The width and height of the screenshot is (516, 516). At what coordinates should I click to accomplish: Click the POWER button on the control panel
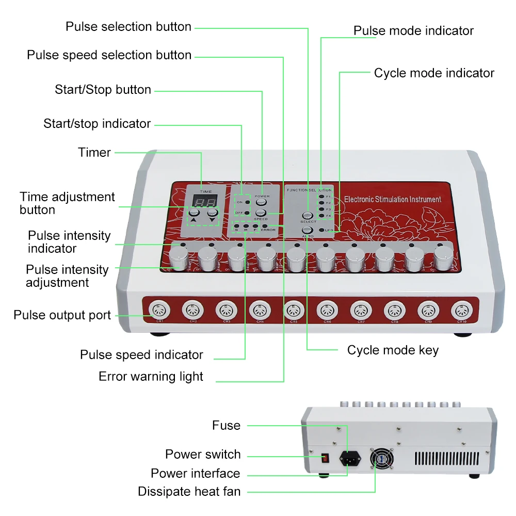(x=262, y=202)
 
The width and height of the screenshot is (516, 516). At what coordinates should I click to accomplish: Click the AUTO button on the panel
(x=308, y=230)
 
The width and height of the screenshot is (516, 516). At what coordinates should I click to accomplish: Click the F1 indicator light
(x=321, y=197)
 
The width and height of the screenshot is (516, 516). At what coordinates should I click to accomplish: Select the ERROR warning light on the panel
(x=265, y=226)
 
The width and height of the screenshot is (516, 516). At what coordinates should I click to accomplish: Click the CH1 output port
(x=157, y=311)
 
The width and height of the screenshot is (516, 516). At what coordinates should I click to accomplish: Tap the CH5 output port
(x=293, y=311)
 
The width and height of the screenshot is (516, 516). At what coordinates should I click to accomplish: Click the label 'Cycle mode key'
(x=393, y=350)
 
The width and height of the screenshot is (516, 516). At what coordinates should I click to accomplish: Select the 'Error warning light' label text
(x=151, y=377)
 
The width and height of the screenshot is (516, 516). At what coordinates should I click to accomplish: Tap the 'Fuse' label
(x=226, y=425)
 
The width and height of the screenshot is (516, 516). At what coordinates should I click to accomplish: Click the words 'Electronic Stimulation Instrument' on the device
(x=392, y=199)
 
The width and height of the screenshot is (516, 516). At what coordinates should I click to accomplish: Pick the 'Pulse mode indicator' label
(x=413, y=31)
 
